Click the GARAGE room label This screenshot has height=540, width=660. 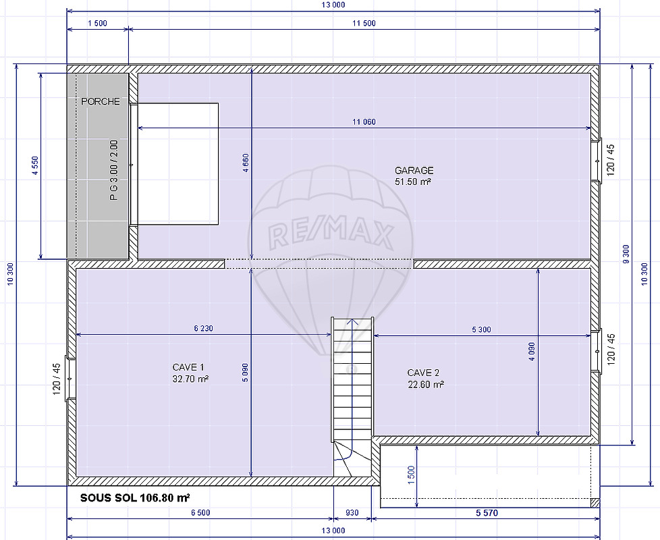(414, 171)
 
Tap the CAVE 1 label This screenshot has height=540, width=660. (188, 367)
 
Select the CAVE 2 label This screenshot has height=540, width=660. (423, 373)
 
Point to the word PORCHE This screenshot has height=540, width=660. (100, 101)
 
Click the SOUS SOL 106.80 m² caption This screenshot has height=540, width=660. (135, 498)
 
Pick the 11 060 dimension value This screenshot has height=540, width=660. (364, 122)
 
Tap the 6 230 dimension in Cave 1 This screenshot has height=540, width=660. (204, 328)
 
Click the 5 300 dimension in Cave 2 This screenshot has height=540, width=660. (482, 329)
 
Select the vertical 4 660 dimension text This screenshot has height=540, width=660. (246, 163)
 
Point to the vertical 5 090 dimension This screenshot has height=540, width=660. (246, 373)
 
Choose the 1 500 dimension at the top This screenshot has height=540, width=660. (98, 24)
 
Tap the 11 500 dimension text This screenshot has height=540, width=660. (364, 24)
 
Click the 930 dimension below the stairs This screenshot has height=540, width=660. (352, 512)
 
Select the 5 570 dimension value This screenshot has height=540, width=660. (487, 512)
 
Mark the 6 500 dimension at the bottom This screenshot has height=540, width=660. (200, 512)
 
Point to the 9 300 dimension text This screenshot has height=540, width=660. (626, 254)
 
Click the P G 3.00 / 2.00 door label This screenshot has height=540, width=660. (114, 170)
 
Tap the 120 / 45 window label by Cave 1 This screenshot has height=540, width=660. (57, 379)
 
